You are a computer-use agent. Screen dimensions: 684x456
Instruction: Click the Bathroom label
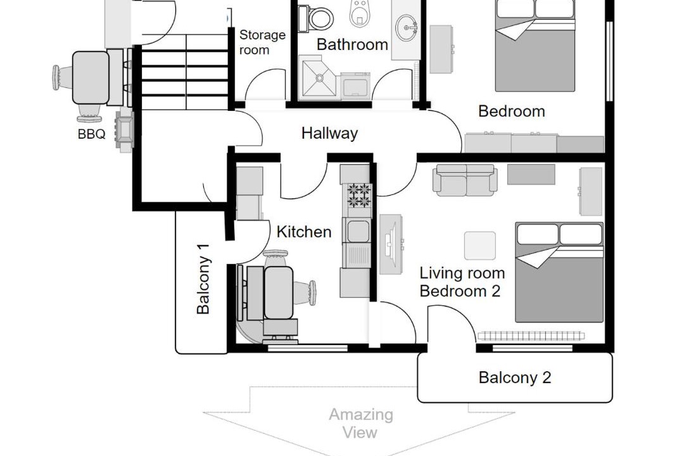tap(352, 44)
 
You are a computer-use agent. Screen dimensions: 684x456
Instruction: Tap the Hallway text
tap(329, 133)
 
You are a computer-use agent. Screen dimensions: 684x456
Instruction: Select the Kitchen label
tap(304, 232)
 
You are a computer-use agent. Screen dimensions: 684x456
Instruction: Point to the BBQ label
tap(92, 134)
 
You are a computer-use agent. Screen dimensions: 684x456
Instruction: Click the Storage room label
tap(262, 42)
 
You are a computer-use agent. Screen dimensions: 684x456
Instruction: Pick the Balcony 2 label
tap(515, 377)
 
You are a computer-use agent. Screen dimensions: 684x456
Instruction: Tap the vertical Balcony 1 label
tap(203, 279)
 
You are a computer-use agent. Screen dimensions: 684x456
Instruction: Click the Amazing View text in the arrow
tap(361, 423)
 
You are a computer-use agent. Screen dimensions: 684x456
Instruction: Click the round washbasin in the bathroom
tap(406, 28)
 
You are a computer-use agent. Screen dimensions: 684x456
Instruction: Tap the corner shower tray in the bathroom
tap(319, 78)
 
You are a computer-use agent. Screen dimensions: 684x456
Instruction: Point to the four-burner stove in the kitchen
tap(359, 196)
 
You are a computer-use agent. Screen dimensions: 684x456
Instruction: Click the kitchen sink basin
tap(358, 231)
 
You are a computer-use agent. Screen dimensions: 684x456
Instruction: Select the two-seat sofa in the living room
tap(465, 180)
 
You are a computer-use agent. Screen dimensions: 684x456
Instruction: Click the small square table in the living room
tap(480, 246)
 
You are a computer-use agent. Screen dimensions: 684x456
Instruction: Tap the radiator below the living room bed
tap(531, 336)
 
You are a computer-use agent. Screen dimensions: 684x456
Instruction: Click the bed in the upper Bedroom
tap(535, 46)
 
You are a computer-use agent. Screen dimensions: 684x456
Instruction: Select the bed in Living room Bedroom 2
tap(559, 272)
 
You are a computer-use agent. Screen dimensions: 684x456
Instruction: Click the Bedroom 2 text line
tap(460, 291)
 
